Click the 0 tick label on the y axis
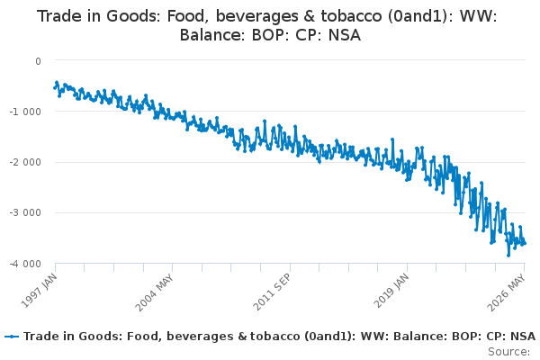[38, 61]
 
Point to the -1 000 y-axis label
[25, 112]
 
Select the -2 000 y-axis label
[25, 162]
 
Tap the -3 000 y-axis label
[25, 212]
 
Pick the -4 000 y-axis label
[25, 264]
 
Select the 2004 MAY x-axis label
[154, 292]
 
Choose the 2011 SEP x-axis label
[272, 292]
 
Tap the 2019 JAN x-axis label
[391, 290]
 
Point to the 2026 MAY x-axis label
[506, 292]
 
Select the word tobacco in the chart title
[351, 16]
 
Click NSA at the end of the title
[345, 35]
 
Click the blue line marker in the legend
[13, 337]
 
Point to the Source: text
[509, 352]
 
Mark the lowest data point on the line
[508, 256]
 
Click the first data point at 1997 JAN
[55, 88]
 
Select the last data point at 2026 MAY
[525, 244]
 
